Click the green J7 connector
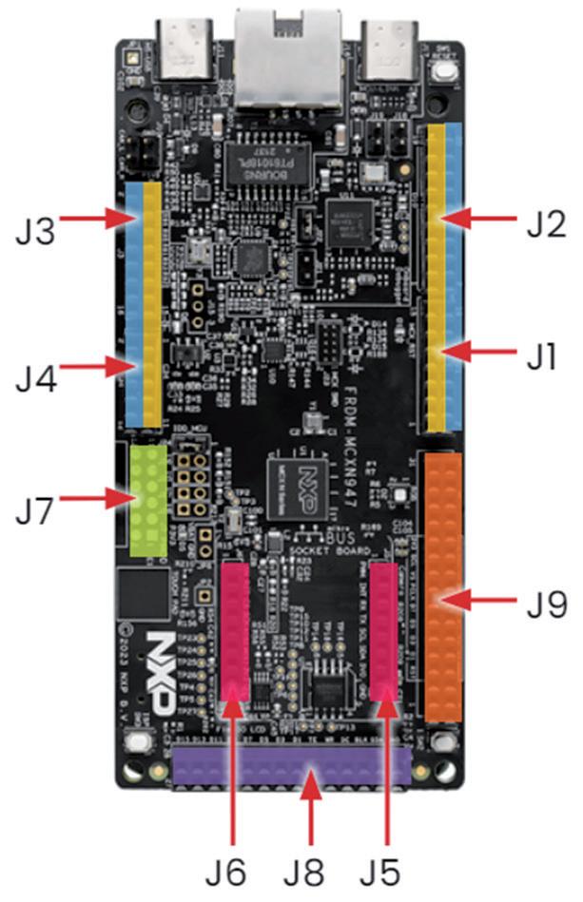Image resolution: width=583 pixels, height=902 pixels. [x=149, y=496]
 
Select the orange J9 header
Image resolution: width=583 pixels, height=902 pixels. [x=444, y=586]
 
